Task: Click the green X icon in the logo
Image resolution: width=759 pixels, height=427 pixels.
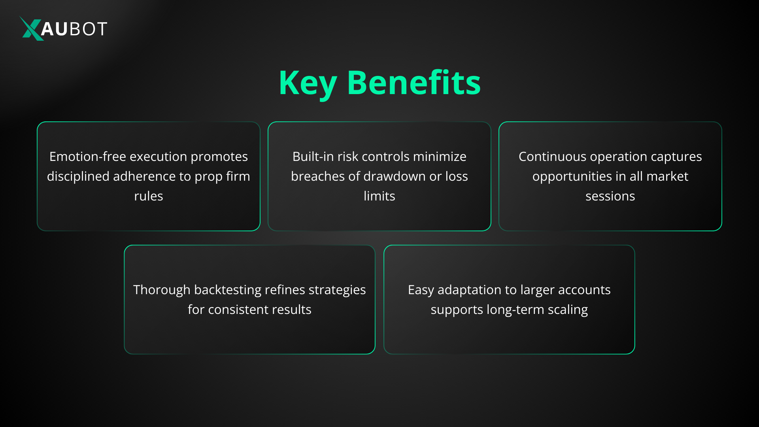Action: (31, 28)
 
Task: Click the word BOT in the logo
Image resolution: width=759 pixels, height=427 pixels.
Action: (88, 29)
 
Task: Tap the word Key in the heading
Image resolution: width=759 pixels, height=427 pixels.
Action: (308, 83)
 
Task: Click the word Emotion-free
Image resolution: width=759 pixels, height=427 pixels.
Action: (88, 157)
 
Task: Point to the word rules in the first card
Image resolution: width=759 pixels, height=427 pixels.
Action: (149, 196)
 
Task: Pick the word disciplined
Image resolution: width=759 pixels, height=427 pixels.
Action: (78, 176)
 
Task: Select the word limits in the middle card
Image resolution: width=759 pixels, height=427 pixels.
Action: (379, 196)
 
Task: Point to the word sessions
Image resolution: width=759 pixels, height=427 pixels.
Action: (610, 196)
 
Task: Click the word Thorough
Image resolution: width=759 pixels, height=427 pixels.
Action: (162, 290)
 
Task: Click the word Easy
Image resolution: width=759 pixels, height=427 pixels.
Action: (421, 290)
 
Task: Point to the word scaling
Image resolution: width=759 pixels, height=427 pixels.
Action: (568, 310)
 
